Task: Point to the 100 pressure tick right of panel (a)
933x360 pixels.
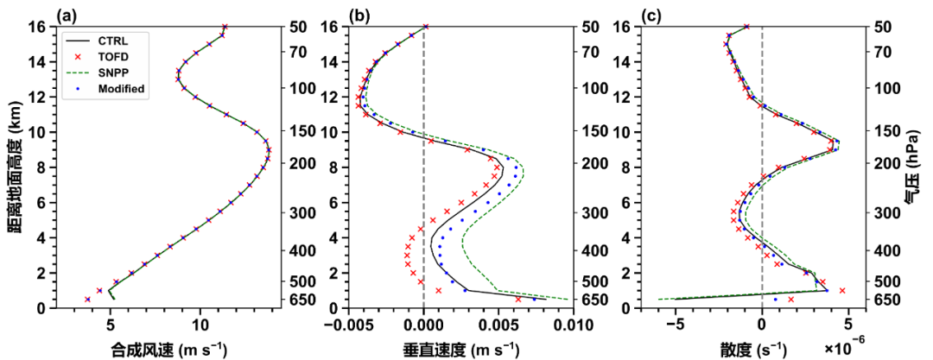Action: point(287,88)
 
